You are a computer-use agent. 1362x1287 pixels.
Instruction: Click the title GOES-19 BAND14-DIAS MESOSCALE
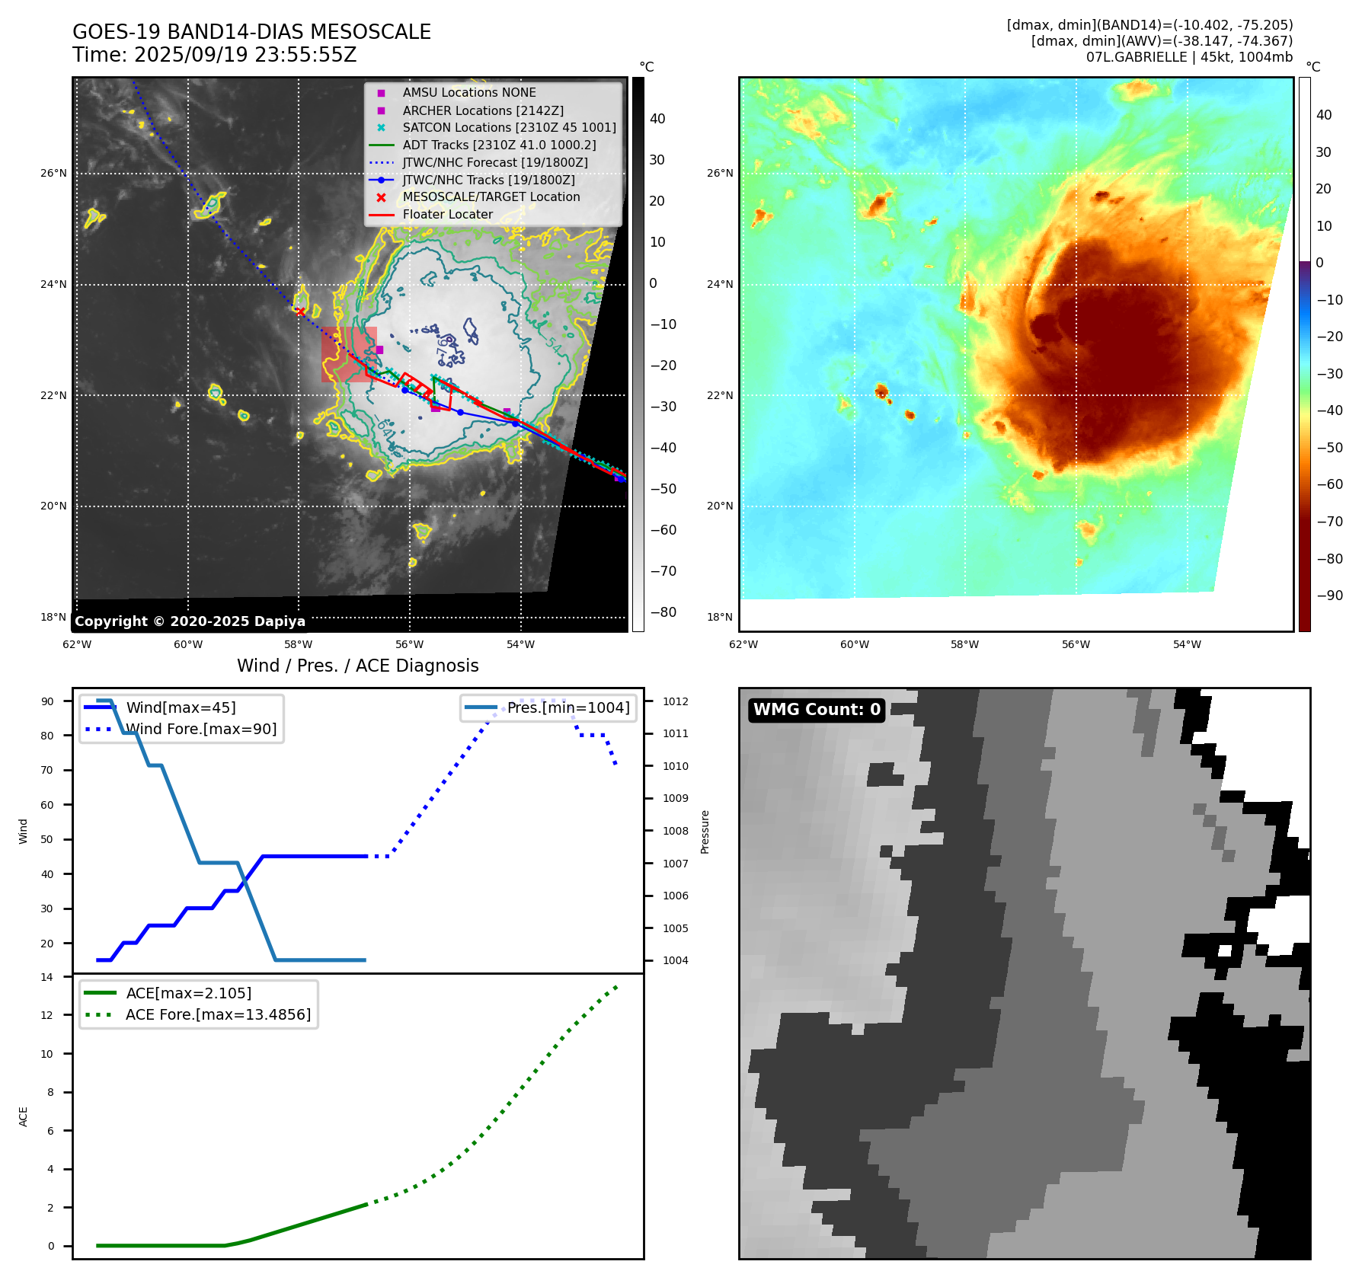point(251,32)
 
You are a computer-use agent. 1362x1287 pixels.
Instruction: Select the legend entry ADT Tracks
point(499,145)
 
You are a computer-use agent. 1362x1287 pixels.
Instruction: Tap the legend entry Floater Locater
point(447,215)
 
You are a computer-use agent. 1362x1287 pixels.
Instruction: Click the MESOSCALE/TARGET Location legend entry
point(491,197)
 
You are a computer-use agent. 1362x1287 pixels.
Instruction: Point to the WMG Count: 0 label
point(817,710)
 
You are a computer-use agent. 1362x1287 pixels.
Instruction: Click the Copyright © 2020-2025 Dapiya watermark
point(190,621)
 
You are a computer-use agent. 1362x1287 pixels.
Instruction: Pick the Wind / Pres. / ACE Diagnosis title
point(357,666)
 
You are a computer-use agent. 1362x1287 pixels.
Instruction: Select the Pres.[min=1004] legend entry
point(567,707)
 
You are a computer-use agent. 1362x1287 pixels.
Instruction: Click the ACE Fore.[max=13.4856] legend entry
point(218,1014)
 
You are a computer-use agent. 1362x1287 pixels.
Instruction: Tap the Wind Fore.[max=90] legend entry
point(201,729)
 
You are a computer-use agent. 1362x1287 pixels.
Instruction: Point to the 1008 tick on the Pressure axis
point(675,831)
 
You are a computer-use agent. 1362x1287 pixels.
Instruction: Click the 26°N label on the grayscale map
point(53,174)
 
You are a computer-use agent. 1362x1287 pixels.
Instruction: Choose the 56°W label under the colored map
point(1076,644)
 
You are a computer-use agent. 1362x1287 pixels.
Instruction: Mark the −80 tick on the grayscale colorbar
point(663,612)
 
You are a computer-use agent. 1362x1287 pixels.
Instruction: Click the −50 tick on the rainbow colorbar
point(1329,448)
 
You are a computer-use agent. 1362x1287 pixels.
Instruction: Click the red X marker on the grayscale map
point(300,311)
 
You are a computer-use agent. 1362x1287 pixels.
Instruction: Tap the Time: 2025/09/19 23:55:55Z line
point(214,55)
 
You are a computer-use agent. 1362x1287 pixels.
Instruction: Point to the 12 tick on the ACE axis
point(50,1015)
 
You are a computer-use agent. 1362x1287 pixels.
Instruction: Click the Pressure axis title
point(705,832)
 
